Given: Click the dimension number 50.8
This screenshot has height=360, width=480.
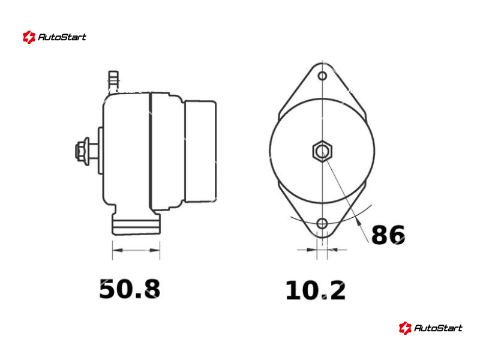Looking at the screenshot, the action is pos(130,289).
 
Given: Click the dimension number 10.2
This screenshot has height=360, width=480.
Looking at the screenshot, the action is pos(316,290).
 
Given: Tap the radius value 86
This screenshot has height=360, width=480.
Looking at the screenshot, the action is pos(388,235).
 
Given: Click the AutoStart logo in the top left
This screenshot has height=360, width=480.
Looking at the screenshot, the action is pos(55,37).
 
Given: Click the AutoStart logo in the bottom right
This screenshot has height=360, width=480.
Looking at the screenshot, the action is pos(430,328).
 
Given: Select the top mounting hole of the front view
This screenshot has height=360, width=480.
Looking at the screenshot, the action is pos(322,76).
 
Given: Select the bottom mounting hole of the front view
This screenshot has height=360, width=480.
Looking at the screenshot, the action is pos(322,223).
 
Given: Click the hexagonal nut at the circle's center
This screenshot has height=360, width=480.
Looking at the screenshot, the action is pos(322,151).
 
